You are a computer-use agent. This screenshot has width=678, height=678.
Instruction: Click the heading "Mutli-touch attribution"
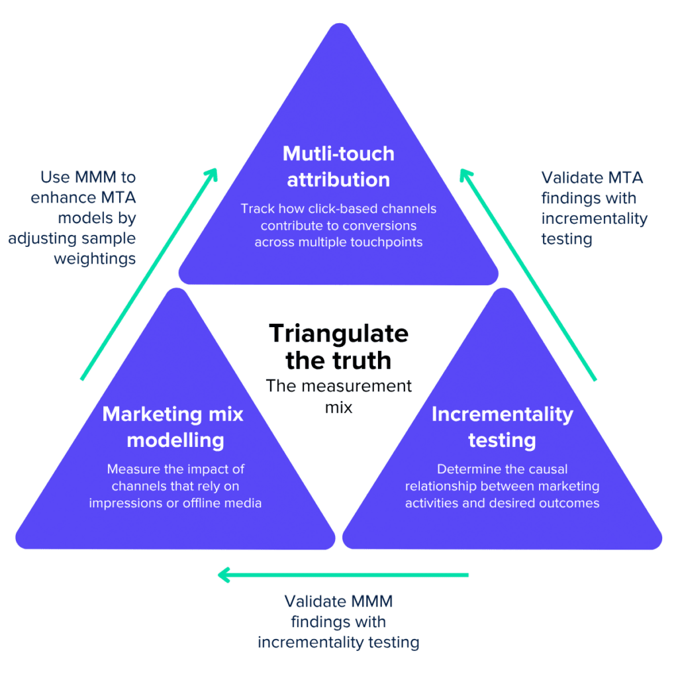tap(338, 166)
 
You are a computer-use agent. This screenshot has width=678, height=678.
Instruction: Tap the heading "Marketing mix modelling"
tap(173, 427)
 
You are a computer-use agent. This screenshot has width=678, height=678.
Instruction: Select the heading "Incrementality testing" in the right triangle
tap(503, 427)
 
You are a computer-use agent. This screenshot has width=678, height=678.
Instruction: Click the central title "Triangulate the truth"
tap(338, 346)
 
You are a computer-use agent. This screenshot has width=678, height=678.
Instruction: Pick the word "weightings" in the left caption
tap(95, 258)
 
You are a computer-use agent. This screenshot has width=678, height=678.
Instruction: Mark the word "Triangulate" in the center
tap(338, 333)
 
